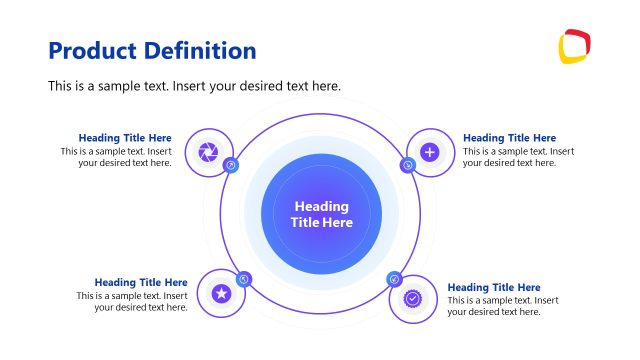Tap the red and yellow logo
[x=574, y=47]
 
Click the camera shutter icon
[x=208, y=151]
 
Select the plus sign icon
[x=430, y=152]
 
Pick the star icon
[x=221, y=293]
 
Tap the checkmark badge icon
[x=413, y=298]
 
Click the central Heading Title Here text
[x=321, y=214]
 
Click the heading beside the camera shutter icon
[x=125, y=138]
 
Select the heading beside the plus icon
[x=509, y=138]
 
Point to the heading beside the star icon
[x=141, y=283]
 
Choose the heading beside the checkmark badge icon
[x=494, y=288]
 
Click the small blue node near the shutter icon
[x=231, y=165]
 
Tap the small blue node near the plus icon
[x=408, y=165]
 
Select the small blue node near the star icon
[x=243, y=279]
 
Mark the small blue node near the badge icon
[x=394, y=280]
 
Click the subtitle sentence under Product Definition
[x=195, y=86]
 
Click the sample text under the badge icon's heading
[x=502, y=306]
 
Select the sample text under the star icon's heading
[x=133, y=301]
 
